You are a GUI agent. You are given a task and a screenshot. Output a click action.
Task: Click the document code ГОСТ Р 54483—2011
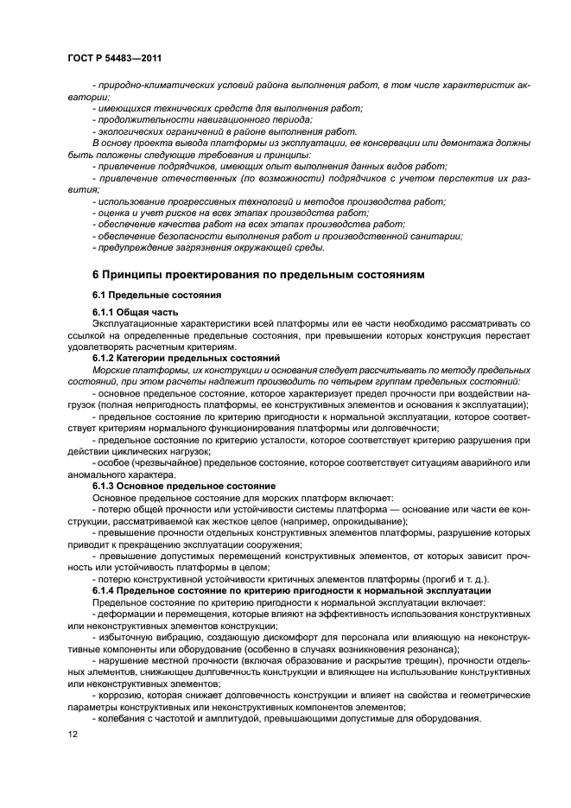tap(114, 57)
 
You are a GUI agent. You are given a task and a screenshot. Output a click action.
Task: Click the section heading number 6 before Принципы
tap(95, 275)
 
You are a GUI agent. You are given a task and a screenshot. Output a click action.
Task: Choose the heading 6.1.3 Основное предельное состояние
tap(184, 487)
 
